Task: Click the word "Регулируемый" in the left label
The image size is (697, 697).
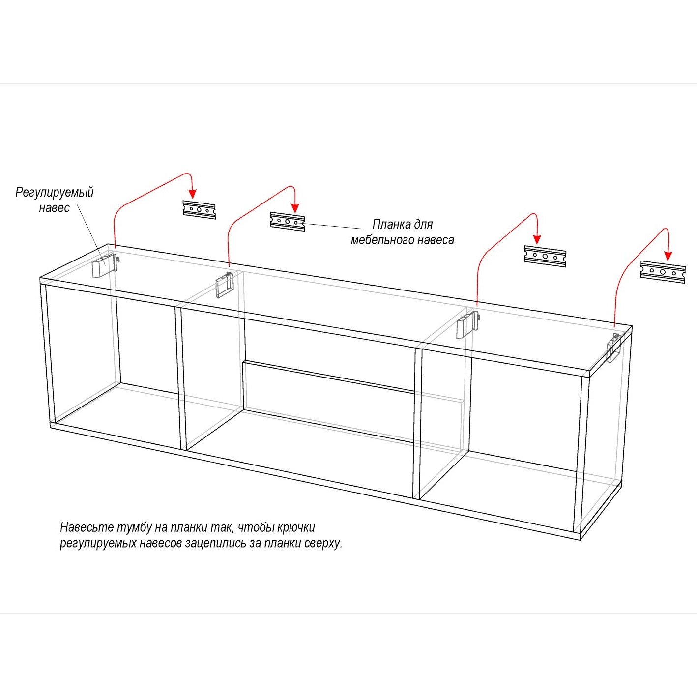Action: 54,192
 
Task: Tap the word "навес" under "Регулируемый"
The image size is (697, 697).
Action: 54,208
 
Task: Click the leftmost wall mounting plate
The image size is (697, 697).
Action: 199,210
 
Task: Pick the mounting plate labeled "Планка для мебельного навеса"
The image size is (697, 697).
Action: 288,222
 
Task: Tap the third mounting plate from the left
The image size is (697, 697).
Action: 545,257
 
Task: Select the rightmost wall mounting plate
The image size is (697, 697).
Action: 663,272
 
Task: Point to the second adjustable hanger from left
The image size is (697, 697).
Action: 224,285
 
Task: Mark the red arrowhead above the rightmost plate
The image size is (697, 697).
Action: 668,256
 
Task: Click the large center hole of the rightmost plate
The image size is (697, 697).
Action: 663,272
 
